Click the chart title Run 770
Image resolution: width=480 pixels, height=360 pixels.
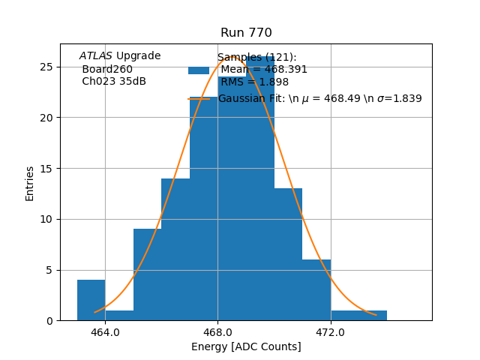point(246,33)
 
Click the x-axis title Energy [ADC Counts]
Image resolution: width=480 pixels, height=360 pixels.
point(246,346)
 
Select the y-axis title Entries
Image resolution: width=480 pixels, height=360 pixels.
point(30,183)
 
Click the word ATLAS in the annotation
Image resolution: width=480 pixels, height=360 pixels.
point(96,56)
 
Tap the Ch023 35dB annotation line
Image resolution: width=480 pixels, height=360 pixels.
point(114,81)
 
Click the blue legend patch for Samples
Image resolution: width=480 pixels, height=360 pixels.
point(199,70)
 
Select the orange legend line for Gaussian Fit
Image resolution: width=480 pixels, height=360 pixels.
point(199,99)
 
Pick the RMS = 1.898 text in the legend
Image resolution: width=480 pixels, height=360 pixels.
point(254,82)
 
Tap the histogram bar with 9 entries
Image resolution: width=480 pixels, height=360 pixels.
point(147,274)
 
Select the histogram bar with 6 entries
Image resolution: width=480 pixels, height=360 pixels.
point(316,289)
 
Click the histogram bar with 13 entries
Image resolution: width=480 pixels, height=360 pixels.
point(288,254)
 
